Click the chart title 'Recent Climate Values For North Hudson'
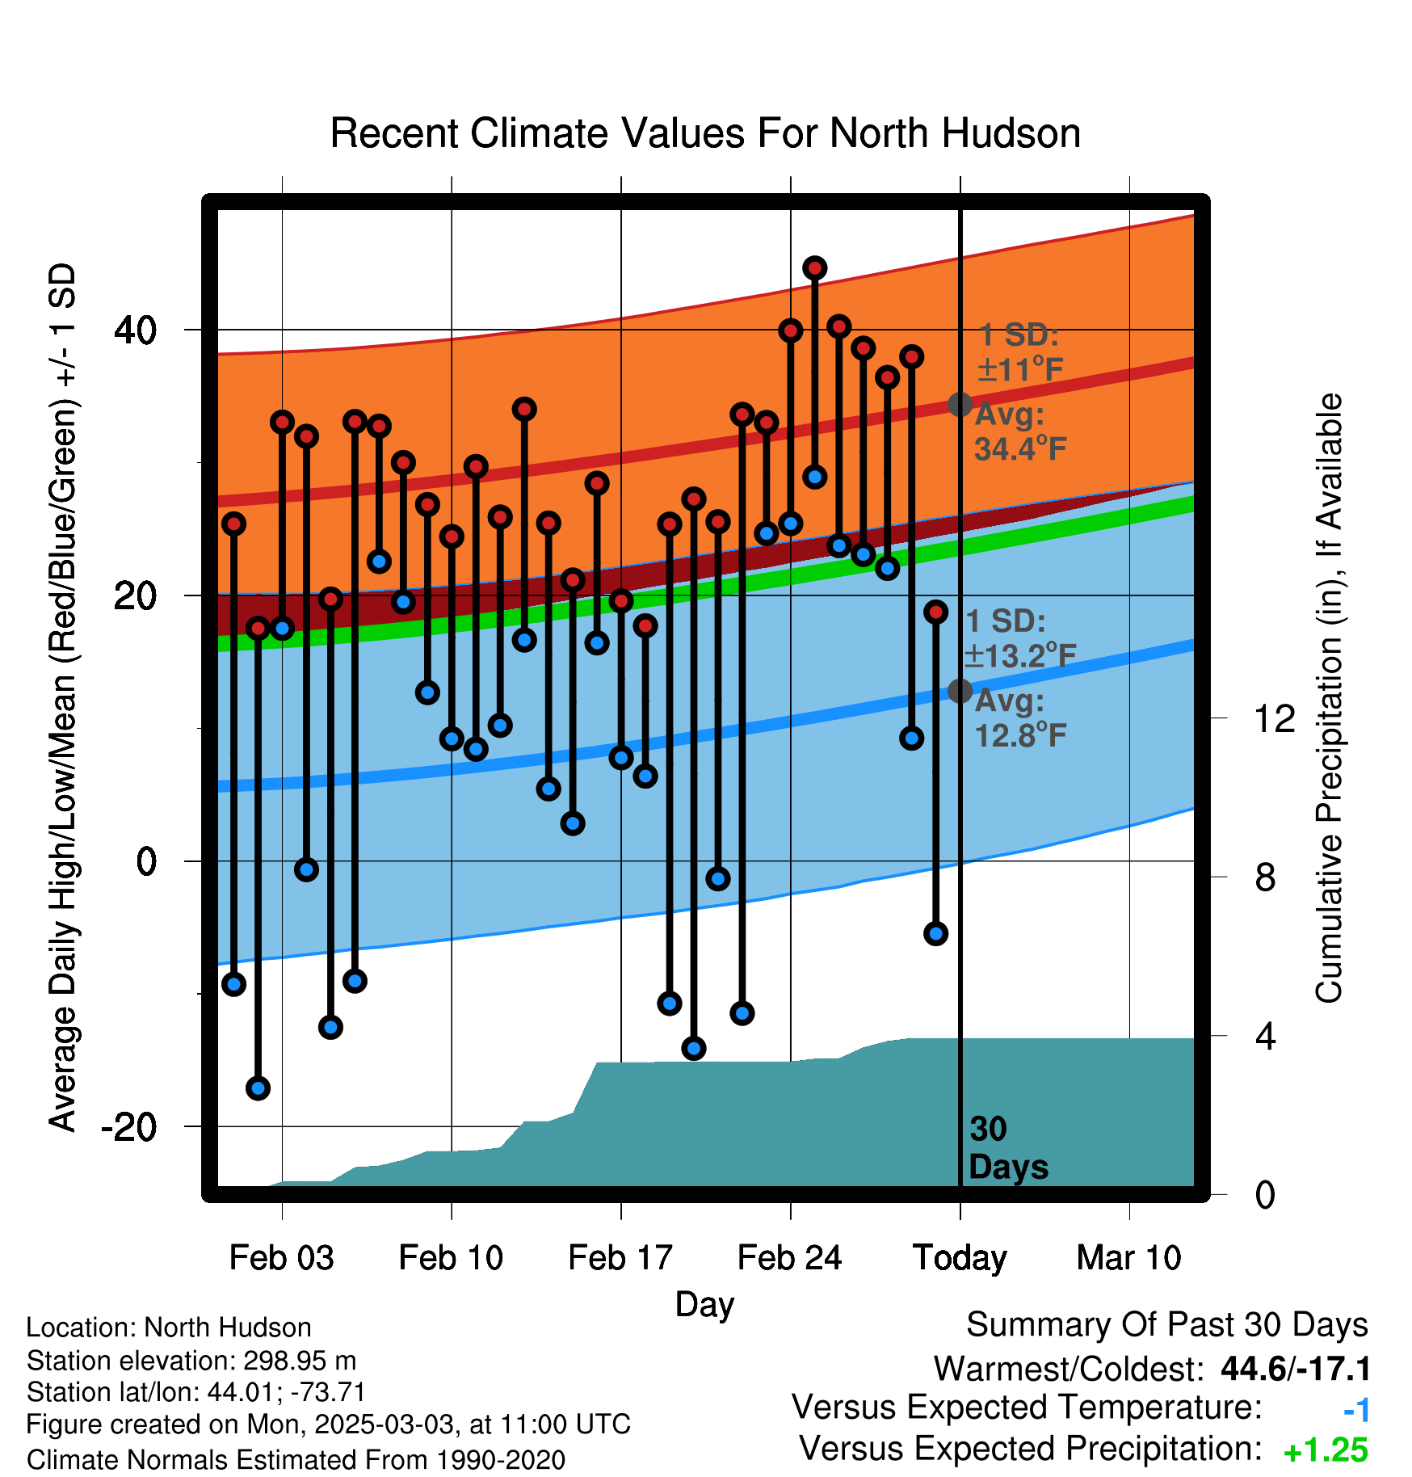[705, 133]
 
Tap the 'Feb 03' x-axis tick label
[281, 1257]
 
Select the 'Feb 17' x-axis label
[620, 1257]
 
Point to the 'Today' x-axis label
[960, 1259]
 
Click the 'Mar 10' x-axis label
[1129, 1257]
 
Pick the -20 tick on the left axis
[129, 1126]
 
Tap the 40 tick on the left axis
[136, 330]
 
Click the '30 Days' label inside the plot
[1008, 1148]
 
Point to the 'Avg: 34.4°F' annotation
[1020, 431]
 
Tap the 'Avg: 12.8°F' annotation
[1020, 718]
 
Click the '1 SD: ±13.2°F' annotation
[1020, 638]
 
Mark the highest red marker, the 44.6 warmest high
[814, 267]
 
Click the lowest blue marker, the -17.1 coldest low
[258, 1088]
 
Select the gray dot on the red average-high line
[960, 404]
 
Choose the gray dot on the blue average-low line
[960, 691]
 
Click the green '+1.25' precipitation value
[1326, 1450]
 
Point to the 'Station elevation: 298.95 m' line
[191, 1361]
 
